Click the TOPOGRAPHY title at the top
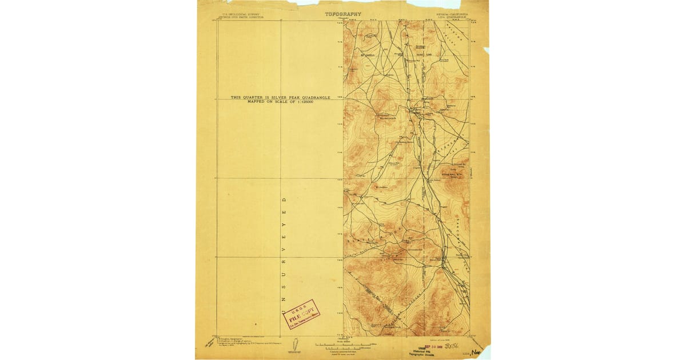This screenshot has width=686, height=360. click(x=343, y=13)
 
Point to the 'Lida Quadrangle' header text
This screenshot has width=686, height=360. click(x=452, y=17)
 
